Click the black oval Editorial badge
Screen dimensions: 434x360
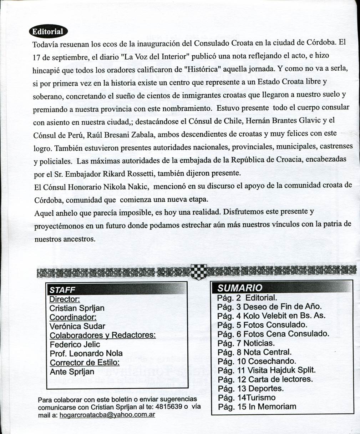(x=48, y=31)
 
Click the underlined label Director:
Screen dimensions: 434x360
(x=65, y=299)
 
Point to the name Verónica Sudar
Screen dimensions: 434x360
(x=77, y=326)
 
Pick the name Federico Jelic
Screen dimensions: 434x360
(x=75, y=344)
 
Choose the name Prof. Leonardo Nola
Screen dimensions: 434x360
(x=86, y=353)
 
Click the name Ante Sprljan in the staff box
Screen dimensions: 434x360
(x=72, y=372)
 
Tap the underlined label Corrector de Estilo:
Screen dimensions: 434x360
(x=85, y=363)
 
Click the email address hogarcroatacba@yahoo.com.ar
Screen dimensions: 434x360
(x=107, y=415)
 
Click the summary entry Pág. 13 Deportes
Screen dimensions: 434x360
(x=250, y=388)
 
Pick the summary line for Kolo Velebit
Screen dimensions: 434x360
(x=271, y=316)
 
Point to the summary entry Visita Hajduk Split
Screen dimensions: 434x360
(x=267, y=370)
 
